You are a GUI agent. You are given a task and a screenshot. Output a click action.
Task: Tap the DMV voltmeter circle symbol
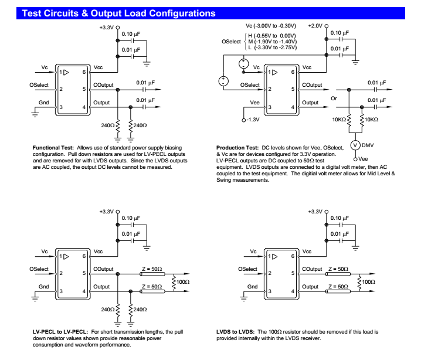[355, 145]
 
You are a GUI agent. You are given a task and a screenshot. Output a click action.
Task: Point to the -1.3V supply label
[253, 120]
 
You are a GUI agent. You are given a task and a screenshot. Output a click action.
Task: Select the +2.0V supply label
[315, 26]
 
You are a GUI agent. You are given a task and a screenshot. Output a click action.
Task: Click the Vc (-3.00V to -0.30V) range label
[270, 26]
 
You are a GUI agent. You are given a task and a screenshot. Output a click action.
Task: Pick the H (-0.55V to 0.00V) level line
[270, 36]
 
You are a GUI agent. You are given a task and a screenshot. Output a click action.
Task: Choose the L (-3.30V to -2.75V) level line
[270, 47]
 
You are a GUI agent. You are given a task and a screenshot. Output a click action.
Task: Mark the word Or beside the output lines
[334, 98]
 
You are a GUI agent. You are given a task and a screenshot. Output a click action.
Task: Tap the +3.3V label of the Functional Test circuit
[107, 28]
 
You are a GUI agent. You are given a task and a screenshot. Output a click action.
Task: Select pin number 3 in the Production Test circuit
[270, 107]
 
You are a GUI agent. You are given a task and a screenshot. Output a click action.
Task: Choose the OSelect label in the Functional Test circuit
[40, 85]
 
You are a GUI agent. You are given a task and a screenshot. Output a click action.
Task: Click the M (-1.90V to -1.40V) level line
[270, 42]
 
